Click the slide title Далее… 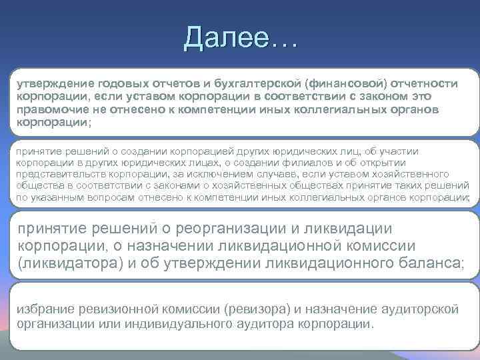tap(241, 38)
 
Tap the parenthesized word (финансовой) tap(345, 83)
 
